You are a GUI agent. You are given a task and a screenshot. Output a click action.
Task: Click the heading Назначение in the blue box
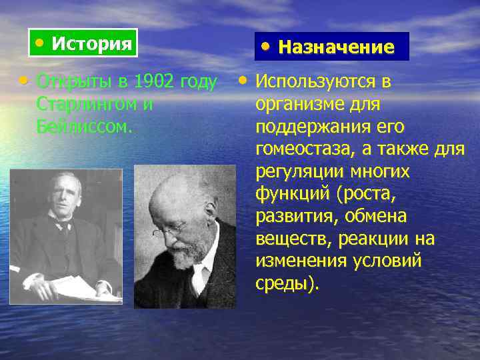tap(336, 47)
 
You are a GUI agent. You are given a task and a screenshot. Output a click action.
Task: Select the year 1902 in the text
tap(153, 82)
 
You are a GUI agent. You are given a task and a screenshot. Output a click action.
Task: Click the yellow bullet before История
tap(41, 43)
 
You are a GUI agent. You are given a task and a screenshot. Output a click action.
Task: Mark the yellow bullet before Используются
tap(243, 81)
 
